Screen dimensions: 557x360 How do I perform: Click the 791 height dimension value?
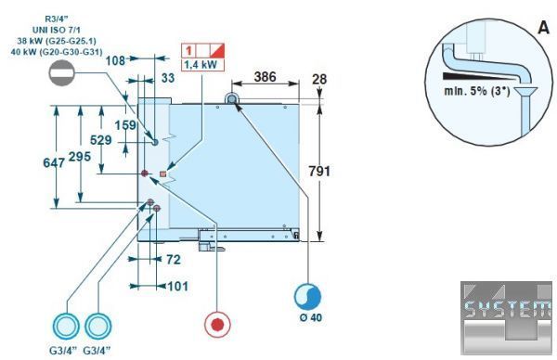click(x=319, y=172)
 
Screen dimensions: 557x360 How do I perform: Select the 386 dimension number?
click(x=265, y=77)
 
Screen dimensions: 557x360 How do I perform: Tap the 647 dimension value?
click(x=54, y=163)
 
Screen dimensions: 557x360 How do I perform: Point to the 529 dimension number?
click(x=101, y=140)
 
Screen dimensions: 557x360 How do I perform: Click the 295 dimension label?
click(x=80, y=157)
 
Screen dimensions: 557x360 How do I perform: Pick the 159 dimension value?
click(x=125, y=125)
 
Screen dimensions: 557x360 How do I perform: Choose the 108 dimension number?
click(x=115, y=60)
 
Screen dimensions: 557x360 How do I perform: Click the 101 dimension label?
click(x=177, y=286)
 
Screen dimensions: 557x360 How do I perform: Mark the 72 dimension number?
click(x=174, y=260)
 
